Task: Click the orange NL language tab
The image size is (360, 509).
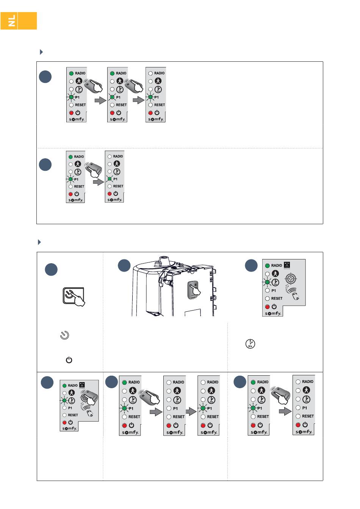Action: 19,21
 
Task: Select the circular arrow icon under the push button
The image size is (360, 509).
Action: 65,335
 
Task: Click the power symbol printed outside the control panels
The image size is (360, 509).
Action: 69,360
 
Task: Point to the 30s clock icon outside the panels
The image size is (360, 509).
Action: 250,344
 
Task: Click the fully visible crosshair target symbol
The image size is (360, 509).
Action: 291,279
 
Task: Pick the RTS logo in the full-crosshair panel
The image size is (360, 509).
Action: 287,265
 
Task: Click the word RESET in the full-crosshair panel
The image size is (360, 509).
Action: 277,298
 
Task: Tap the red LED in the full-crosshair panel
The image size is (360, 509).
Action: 267,307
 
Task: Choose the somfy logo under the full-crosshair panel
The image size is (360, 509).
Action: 273,314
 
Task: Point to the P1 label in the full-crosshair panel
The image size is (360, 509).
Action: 274,290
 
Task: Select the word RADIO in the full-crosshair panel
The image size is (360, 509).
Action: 277,265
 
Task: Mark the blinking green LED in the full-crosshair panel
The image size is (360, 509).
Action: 267,282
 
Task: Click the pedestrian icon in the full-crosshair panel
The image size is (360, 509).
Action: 275,273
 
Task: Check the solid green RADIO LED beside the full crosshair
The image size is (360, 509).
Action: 267,265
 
